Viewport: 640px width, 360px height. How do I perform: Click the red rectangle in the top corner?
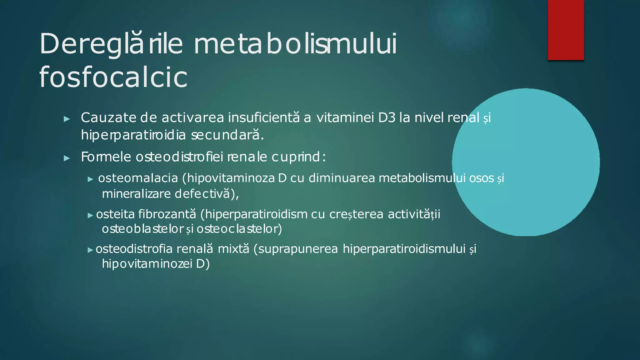coord(566,30)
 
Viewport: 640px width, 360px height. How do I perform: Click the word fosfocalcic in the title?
coord(113,77)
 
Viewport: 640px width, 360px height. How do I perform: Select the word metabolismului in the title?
coord(295,44)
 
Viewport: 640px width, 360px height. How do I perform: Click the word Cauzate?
coord(108,118)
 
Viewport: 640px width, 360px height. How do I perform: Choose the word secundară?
coord(227,135)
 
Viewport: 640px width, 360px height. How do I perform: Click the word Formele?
coord(106,157)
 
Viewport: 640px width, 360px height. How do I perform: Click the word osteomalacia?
coord(138,178)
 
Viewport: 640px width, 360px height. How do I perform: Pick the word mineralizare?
coord(136,194)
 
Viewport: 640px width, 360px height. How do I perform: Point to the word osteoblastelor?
coord(142,229)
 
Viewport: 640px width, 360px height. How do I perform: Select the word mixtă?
coord(233,249)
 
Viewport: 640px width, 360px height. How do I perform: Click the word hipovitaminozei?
coord(147,264)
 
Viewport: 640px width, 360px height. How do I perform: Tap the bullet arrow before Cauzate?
coord(67,119)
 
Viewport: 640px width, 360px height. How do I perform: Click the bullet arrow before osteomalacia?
coord(91,179)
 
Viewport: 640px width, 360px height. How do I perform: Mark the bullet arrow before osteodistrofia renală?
coord(90,250)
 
